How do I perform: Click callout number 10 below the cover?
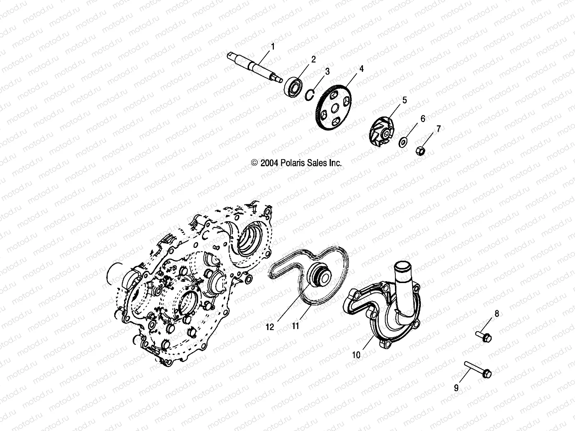pyautogui.click(x=356, y=355)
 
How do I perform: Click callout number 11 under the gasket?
pyautogui.click(x=295, y=326)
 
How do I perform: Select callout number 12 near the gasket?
pyautogui.click(x=270, y=327)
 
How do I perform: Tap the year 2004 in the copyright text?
pyautogui.click(x=268, y=163)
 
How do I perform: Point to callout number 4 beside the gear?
pyautogui.click(x=362, y=69)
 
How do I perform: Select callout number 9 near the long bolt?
pyautogui.click(x=456, y=388)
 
